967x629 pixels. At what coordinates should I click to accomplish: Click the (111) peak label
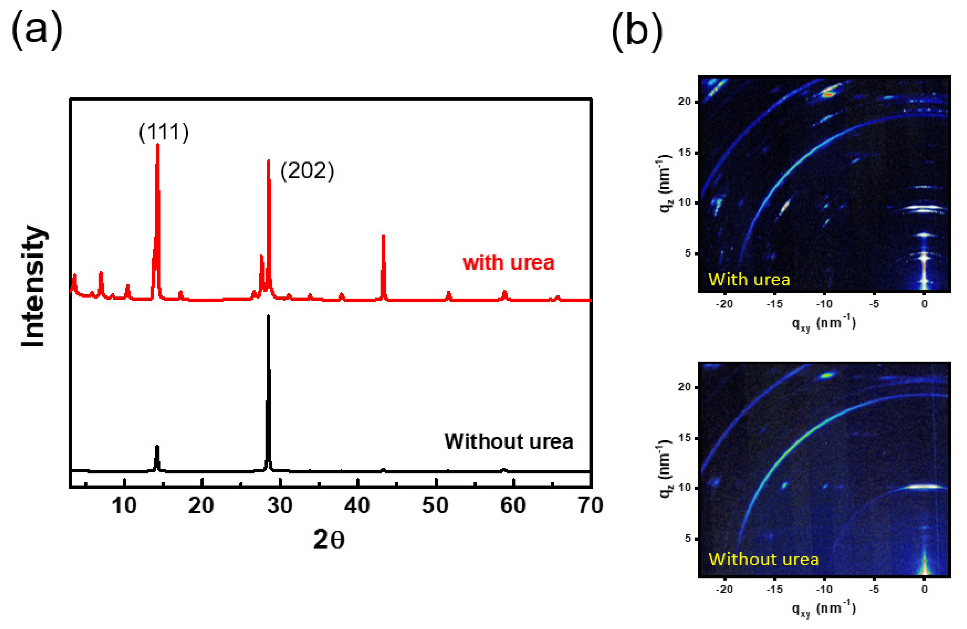pos(164,132)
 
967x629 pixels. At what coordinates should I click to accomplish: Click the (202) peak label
pos(307,171)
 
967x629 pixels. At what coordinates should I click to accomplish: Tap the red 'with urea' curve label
pos(508,263)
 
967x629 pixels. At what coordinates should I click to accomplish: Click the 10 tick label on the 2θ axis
pos(124,506)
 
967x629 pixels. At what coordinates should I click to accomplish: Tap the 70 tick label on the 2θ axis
pos(590,506)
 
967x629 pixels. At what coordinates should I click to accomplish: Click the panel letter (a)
pos(37,30)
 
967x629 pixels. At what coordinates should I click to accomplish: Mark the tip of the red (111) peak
pos(158,145)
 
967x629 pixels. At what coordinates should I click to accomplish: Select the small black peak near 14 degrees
pos(157,446)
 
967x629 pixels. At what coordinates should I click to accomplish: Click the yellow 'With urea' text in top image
pos(749,279)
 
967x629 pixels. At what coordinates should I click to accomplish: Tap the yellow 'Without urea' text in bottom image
pos(763,559)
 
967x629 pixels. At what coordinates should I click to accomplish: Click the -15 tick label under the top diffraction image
pos(774,304)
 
